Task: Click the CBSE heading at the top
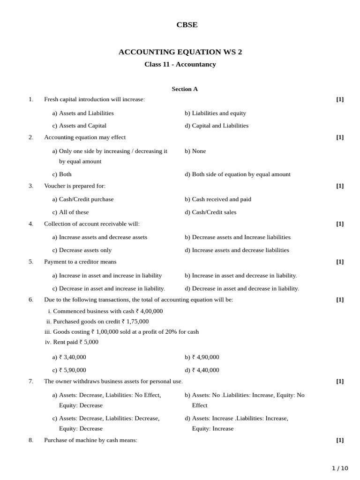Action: [187, 25]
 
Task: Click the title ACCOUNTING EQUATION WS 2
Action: [180, 52]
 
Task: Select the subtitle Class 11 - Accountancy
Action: [180, 64]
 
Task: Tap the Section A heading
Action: [185, 89]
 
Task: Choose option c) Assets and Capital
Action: [79, 126]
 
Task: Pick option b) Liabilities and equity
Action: [215, 113]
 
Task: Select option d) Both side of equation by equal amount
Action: [237, 174]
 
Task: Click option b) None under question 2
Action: [195, 151]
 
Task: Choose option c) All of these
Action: [70, 212]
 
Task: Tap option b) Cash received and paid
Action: [217, 199]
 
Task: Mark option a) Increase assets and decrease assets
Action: [99, 237]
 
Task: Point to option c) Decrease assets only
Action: [82, 250]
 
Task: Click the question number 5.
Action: [31, 262]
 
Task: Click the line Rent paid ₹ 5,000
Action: [71, 342]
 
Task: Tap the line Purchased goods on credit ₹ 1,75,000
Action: [97, 322]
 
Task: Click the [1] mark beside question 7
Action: [339, 381]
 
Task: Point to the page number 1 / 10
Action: [340, 468]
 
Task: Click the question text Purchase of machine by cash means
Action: [90, 440]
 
